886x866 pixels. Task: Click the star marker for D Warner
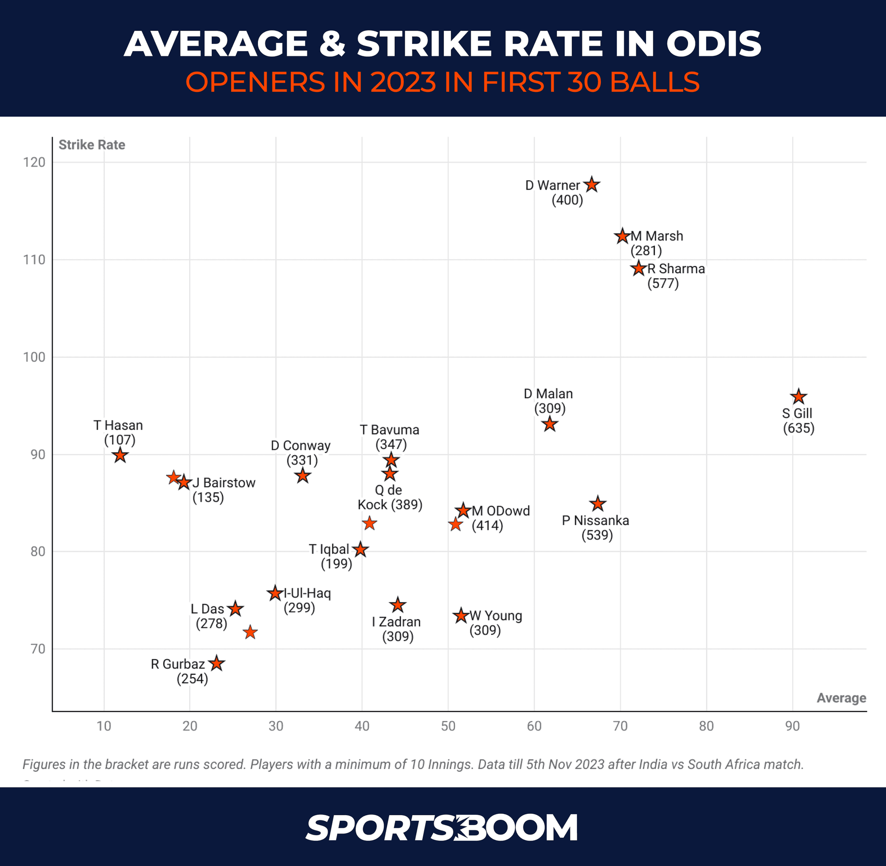592,185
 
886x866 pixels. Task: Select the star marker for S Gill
799,397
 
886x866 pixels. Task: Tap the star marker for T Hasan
120,456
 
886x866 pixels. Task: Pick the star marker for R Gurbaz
216,664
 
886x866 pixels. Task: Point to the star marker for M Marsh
623,236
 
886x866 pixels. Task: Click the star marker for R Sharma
638,268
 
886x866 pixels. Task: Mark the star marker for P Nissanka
598,504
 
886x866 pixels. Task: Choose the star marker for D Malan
550,424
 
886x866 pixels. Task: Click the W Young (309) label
495,623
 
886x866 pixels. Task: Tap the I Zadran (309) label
396,629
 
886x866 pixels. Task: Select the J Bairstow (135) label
223,490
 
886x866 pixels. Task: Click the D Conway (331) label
301,453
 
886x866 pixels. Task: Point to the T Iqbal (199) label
329,556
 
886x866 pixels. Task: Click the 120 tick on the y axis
35,162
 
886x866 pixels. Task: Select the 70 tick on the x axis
620,726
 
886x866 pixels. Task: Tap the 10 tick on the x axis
104,726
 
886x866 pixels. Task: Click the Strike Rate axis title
92,145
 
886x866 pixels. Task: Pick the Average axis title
841,698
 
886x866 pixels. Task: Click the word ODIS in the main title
713,44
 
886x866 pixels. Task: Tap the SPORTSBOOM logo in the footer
442,828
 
